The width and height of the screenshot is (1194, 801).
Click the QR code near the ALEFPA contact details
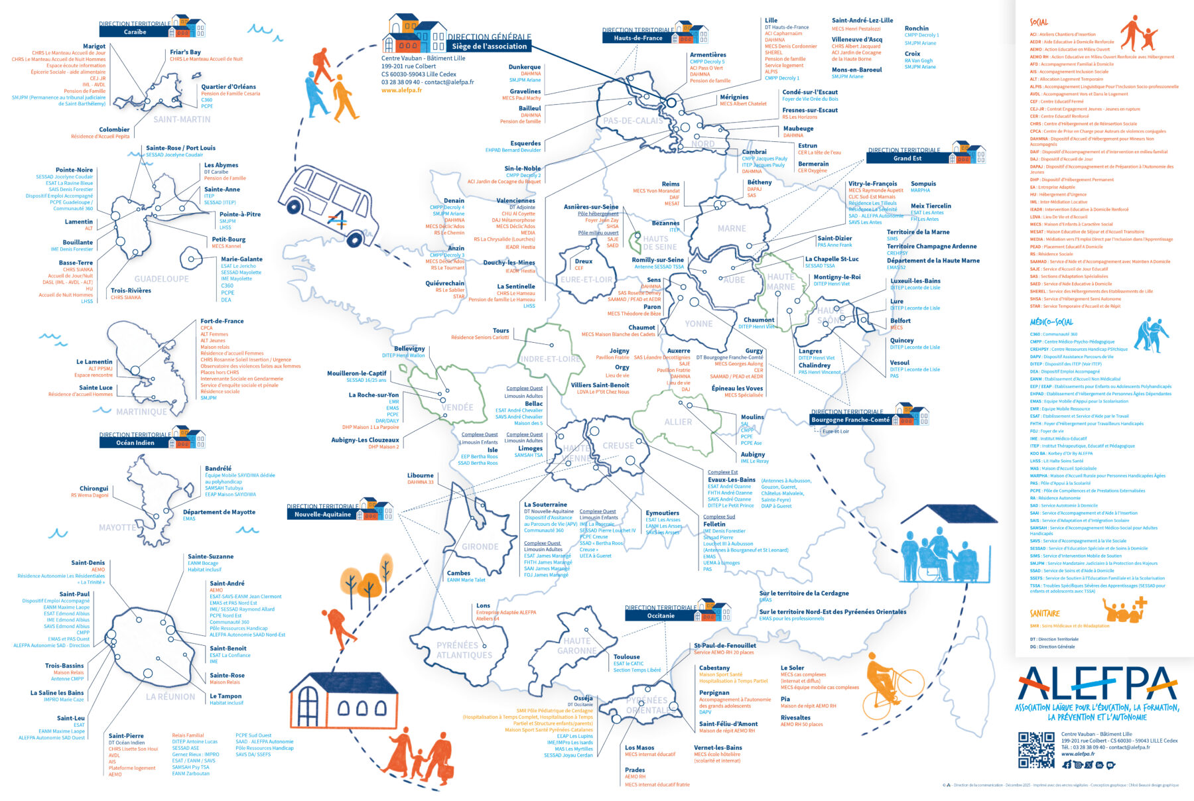(1036, 750)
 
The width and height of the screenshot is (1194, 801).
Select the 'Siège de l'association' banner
(489, 46)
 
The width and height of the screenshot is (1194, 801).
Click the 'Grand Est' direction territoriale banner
(907, 158)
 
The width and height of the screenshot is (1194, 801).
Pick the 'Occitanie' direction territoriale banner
(661, 615)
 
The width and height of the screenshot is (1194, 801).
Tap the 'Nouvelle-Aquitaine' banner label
(322, 515)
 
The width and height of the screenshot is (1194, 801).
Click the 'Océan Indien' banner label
(135, 443)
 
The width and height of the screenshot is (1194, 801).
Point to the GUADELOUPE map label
(161, 279)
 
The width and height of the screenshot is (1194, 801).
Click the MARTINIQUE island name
(141, 412)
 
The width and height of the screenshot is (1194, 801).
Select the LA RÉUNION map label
(170, 697)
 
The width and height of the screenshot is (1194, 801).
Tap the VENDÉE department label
(458, 407)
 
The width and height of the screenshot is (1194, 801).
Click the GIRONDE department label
(480, 547)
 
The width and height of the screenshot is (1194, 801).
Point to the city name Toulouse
(626, 656)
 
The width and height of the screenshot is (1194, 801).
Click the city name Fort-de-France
(222, 321)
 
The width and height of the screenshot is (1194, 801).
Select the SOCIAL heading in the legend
(1039, 23)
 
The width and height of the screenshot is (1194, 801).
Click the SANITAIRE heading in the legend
(1045, 613)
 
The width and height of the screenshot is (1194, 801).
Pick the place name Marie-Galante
(241, 259)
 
